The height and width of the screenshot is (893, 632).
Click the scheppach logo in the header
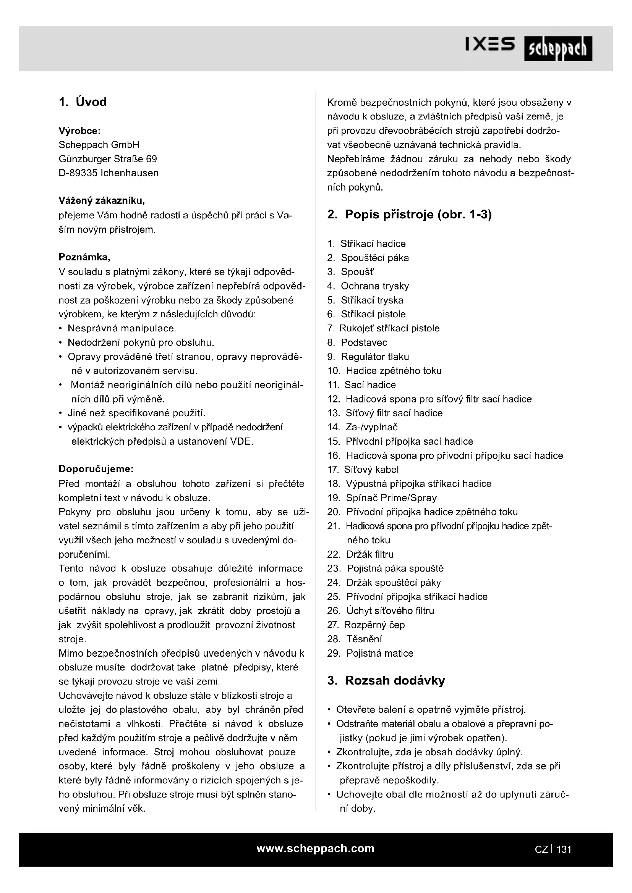(x=557, y=48)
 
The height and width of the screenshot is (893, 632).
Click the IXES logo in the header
(x=490, y=44)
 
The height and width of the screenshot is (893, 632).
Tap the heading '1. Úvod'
(x=83, y=102)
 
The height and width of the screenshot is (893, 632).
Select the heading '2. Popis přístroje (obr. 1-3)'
(x=409, y=214)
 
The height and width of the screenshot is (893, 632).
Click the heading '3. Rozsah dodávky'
(x=386, y=680)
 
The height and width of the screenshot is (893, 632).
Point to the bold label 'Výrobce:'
(x=79, y=131)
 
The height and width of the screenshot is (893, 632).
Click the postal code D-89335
(x=78, y=173)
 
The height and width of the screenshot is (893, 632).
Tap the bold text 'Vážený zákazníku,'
(x=102, y=201)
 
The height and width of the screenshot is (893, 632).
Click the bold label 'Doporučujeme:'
(x=96, y=469)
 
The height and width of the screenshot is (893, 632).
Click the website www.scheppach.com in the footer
(x=315, y=848)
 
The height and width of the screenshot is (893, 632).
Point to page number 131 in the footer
(x=564, y=849)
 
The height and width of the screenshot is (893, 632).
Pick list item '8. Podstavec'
(x=357, y=342)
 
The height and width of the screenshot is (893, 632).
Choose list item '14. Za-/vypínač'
(x=362, y=427)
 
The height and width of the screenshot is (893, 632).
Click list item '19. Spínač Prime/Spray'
(x=382, y=498)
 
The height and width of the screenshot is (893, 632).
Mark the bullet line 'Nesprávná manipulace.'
(x=122, y=328)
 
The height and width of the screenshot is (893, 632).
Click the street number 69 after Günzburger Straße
(x=151, y=159)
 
